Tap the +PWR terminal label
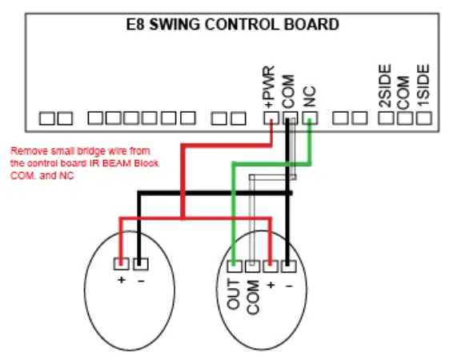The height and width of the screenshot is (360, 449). pyautogui.click(x=269, y=86)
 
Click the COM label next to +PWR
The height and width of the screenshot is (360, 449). pyautogui.click(x=290, y=90)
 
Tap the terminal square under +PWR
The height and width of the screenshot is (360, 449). pyautogui.click(x=271, y=118)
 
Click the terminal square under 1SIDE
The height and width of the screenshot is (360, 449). pyautogui.click(x=424, y=118)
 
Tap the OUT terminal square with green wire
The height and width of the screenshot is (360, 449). pyautogui.click(x=235, y=266)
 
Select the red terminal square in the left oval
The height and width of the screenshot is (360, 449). pyautogui.click(x=121, y=262)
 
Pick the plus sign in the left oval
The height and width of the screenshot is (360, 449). pyautogui.click(x=121, y=279)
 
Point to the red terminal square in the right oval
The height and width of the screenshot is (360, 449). pyautogui.click(x=271, y=266)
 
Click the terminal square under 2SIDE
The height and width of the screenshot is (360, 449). pyautogui.click(x=385, y=118)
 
